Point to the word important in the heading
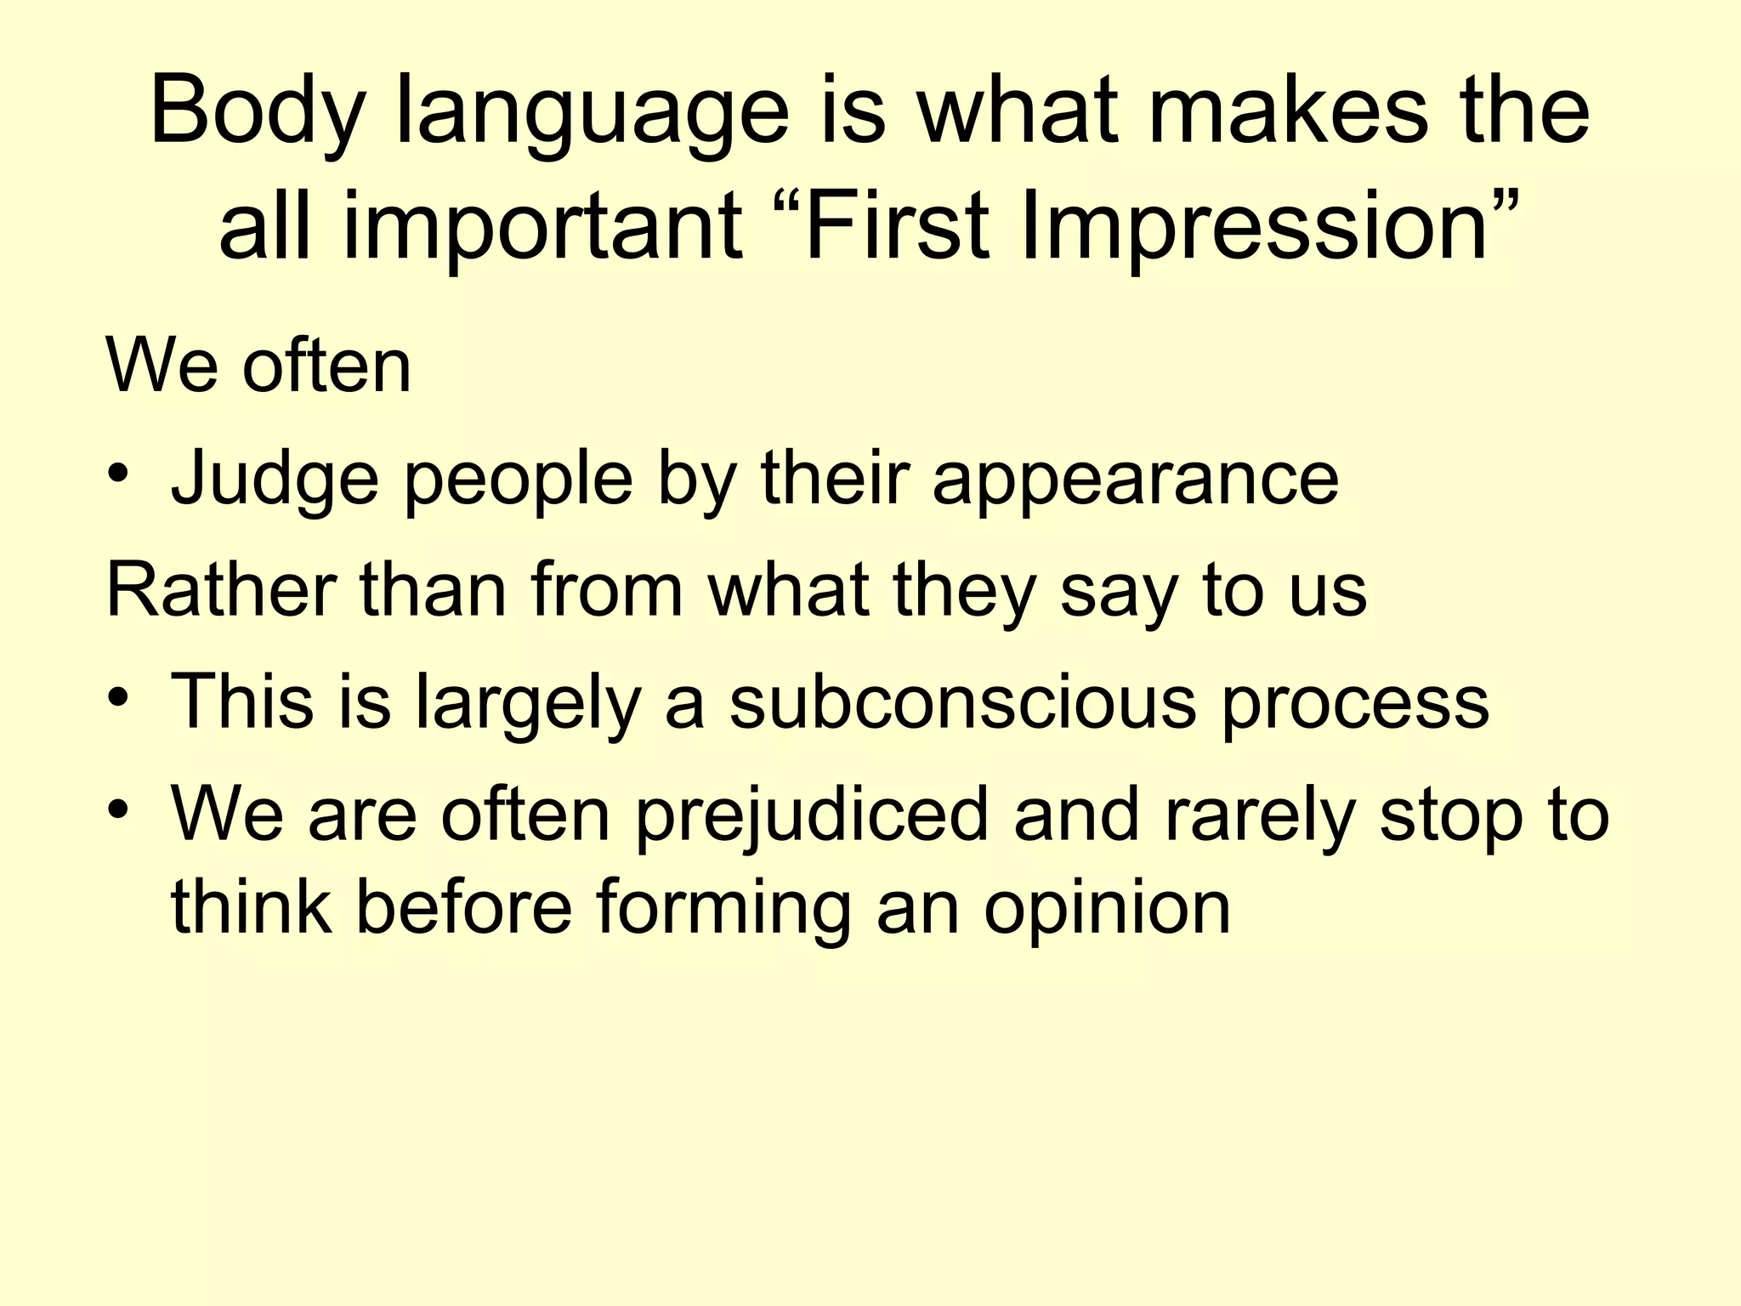tap(543, 230)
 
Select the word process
tap(1356, 706)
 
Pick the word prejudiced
tap(812, 816)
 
